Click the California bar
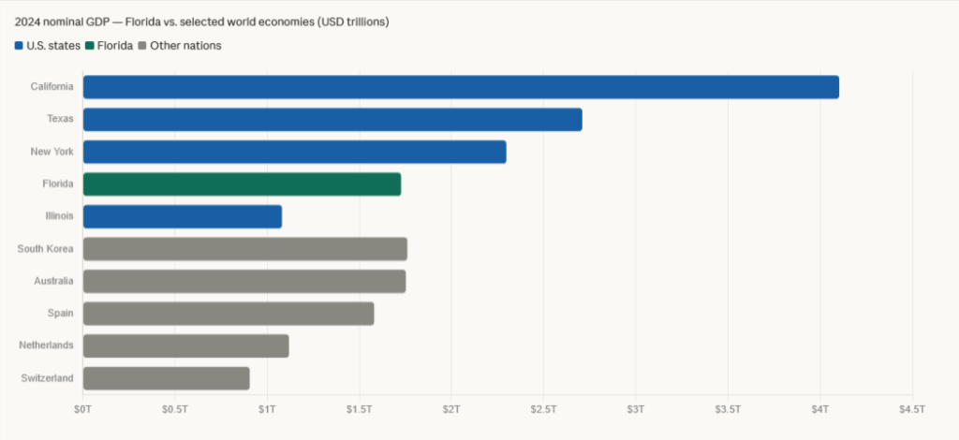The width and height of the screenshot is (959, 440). tap(461, 87)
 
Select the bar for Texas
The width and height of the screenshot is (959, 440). tap(332, 120)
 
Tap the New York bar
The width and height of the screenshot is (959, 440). tap(294, 152)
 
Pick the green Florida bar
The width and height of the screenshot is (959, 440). tap(242, 184)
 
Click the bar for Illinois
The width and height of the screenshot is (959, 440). tap(182, 216)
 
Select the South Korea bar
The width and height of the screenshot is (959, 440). tap(244, 249)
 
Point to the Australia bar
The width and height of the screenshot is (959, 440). tap(243, 281)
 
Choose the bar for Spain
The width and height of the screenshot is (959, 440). tap(228, 314)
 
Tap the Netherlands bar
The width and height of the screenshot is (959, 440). tap(185, 345)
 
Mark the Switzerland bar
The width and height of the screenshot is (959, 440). tap(166, 378)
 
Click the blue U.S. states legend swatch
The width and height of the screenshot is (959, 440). tap(19, 46)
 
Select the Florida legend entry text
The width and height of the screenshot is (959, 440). tap(115, 46)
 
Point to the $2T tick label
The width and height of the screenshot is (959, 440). tap(450, 409)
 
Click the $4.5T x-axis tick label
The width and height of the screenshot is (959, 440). tap(911, 409)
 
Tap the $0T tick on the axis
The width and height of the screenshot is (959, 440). tap(83, 409)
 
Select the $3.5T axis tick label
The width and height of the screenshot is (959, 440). tap(728, 409)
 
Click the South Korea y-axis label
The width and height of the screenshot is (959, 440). tap(45, 249)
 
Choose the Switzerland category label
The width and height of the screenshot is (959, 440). tap(47, 378)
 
